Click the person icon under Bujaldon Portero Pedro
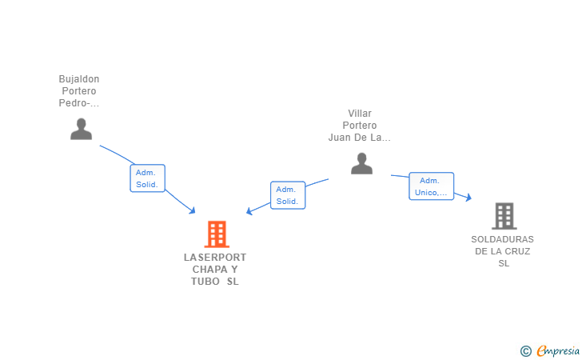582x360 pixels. [x=82, y=129]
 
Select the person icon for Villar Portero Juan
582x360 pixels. [x=361, y=163]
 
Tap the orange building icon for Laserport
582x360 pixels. [x=217, y=234]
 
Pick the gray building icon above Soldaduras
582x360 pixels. [x=504, y=216]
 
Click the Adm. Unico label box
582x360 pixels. [x=432, y=186]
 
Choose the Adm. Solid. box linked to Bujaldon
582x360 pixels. [x=147, y=178]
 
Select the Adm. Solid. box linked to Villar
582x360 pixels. [x=288, y=195]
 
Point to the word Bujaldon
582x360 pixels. [x=79, y=79]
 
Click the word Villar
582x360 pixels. [x=360, y=114]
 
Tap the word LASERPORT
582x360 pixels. [x=215, y=258]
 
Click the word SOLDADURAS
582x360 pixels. [x=503, y=239]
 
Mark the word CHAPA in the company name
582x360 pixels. [x=209, y=270]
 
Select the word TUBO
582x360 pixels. [x=205, y=282]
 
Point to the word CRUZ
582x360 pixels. [x=518, y=251]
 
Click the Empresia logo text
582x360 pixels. [x=558, y=350]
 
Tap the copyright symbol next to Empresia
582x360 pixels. [x=525, y=351]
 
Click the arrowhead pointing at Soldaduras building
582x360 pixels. [x=468, y=198]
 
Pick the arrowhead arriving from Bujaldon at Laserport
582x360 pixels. [x=192, y=210]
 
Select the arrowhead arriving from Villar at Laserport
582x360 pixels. [x=249, y=211]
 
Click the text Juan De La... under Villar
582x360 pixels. [x=359, y=138]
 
